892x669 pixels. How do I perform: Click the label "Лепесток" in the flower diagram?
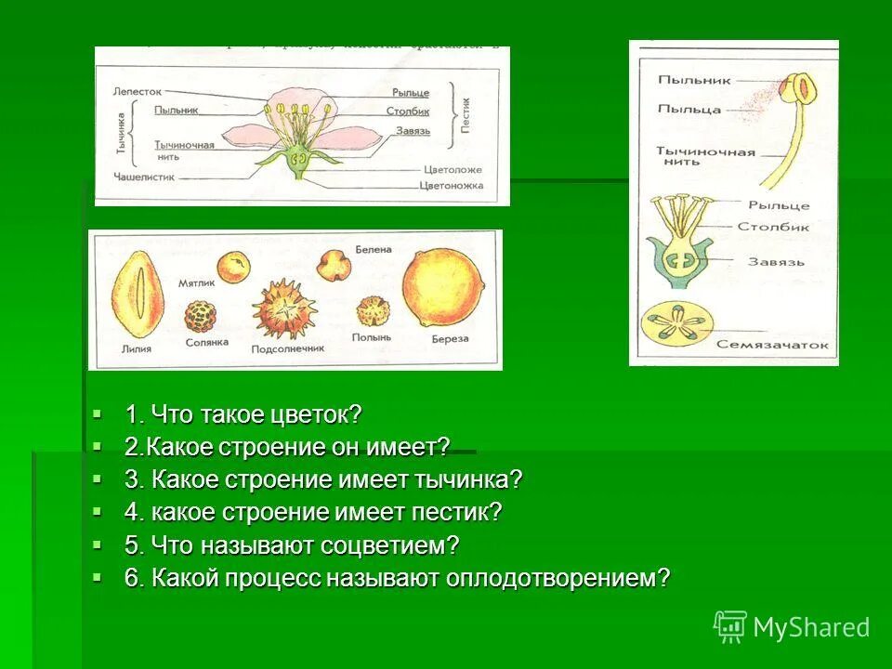[138, 93]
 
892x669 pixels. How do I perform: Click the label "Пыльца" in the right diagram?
[689, 110]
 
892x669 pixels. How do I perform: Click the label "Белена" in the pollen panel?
[374, 250]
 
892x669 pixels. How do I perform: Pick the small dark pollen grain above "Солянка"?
[201, 316]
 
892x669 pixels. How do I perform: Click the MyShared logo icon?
[730, 627]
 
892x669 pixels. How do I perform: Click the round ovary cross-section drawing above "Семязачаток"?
[676, 326]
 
